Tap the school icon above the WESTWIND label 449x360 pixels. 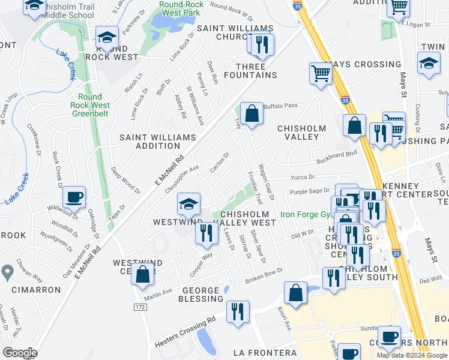coord(188,205)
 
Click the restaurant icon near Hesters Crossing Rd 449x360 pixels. coord(238,311)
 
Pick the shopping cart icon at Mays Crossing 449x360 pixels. coord(321,73)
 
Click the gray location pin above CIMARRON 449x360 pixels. coord(7,272)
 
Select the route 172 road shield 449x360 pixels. coord(140,307)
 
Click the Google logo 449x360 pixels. coord(20,353)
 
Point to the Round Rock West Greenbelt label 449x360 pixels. coord(89,105)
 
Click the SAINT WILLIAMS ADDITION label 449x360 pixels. coord(158,142)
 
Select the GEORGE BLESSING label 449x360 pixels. coord(201,295)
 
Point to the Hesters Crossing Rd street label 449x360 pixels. coord(184,333)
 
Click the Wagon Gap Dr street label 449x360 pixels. coord(266,182)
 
